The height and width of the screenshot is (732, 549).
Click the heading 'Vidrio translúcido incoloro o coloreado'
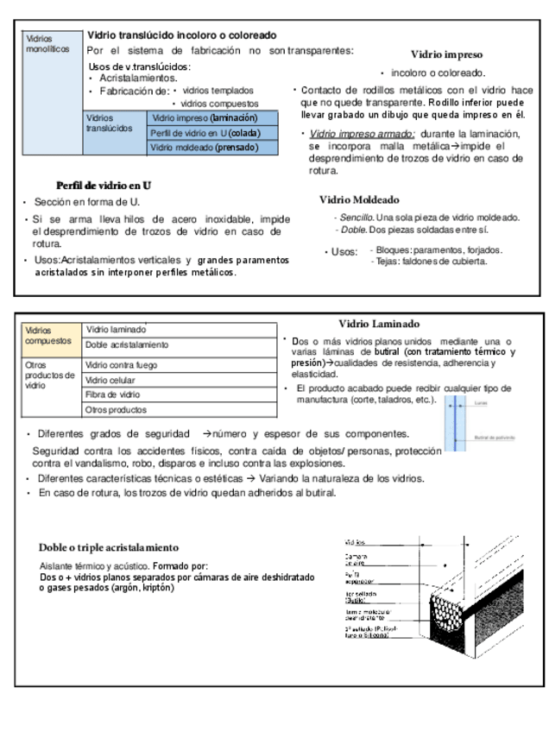tap(181, 35)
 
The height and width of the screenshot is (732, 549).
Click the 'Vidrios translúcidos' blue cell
tap(109, 123)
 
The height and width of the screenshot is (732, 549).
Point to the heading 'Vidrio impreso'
tap(446, 54)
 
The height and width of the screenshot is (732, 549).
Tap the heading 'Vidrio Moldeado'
tap(359, 199)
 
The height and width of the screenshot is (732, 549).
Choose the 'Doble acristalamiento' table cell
tap(127, 344)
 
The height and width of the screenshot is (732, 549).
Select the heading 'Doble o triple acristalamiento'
tap(109, 547)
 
